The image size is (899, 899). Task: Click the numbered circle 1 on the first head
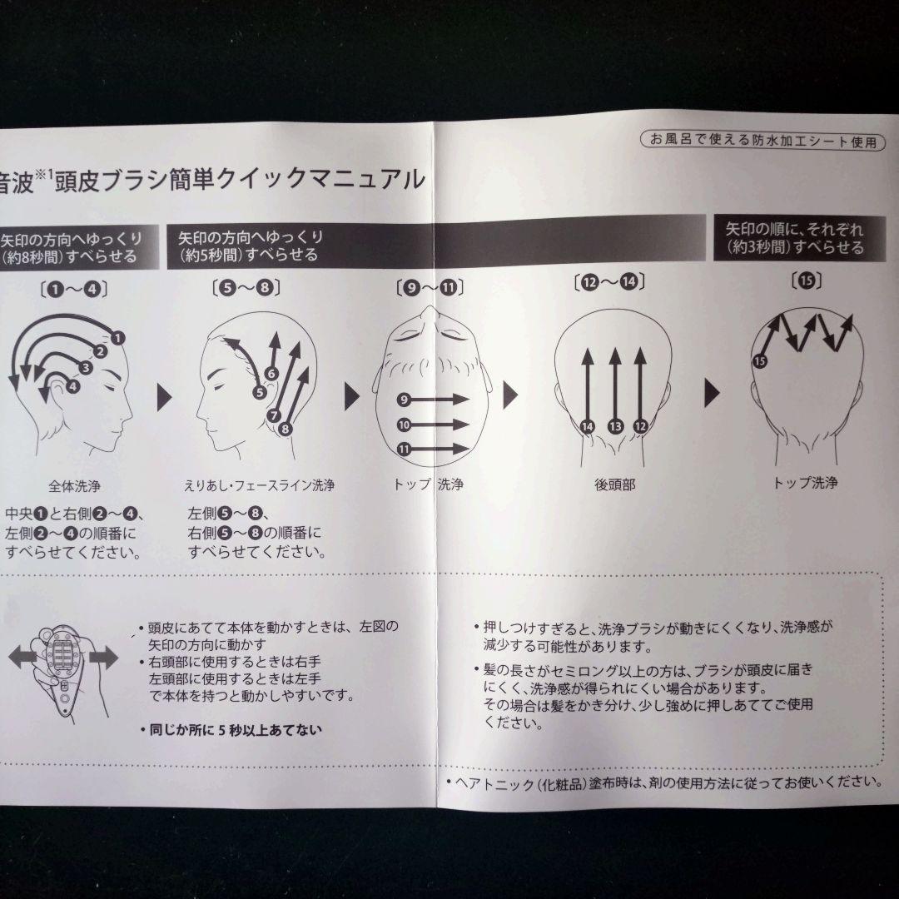[x=117, y=337]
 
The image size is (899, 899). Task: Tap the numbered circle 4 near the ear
[x=72, y=386]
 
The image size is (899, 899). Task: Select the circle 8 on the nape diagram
[x=285, y=429]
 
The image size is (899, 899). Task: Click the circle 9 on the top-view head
[x=404, y=400]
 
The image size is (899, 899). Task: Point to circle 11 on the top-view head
[x=404, y=449]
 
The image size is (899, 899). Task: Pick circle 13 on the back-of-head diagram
[x=615, y=426]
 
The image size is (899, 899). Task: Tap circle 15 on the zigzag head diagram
[x=758, y=360]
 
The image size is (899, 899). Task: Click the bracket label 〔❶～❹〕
[x=67, y=290]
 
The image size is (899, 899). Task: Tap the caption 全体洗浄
[x=76, y=484]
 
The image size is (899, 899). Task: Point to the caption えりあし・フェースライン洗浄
[x=259, y=484]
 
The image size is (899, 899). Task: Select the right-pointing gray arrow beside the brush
[x=103, y=658]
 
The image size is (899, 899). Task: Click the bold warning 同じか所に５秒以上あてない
[x=231, y=729]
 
